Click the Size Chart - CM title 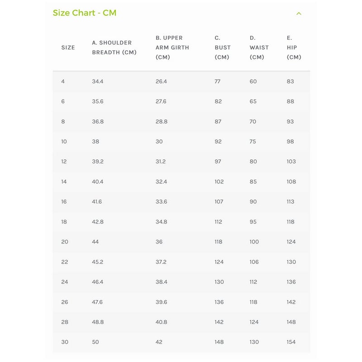(x=85, y=13)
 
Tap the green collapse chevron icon (x=299, y=14)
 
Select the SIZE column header (x=68, y=48)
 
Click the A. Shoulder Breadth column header (x=114, y=48)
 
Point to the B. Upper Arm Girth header (x=172, y=48)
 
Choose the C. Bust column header (x=222, y=48)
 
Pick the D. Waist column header (x=259, y=48)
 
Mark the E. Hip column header (x=294, y=48)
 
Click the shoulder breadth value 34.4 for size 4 (x=98, y=81)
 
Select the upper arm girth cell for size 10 (x=159, y=142)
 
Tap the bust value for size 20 (x=219, y=242)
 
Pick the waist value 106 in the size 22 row (x=254, y=262)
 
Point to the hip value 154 (x=291, y=342)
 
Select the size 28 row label (x=65, y=322)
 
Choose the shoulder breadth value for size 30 (x=95, y=342)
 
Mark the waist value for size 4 (x=253, y=81)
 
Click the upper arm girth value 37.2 (x=161, y=262)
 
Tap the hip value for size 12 (x=291, y=162)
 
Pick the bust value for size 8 (x=218, y=122)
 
